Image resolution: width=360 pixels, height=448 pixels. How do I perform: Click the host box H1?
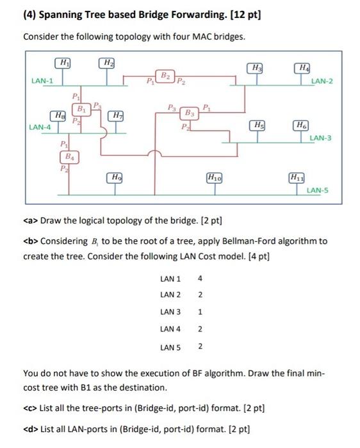click(x=63, y=63)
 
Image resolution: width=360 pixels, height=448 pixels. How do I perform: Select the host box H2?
click(x=107, y=63)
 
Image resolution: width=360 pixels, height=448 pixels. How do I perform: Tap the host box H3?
click(x=257, y=68)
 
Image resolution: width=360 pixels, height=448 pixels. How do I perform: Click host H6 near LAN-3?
click(x=300, y=124)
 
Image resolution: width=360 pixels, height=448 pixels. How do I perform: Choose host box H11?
click(x=297, y=177)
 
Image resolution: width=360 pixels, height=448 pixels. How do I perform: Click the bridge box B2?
click(x=165, y=76)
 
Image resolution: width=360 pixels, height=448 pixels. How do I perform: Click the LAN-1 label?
click(x=42, y=80)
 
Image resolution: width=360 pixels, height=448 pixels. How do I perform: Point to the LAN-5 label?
click(x=318, y=190)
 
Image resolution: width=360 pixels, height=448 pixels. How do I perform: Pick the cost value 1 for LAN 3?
click(x=200, y=312)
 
